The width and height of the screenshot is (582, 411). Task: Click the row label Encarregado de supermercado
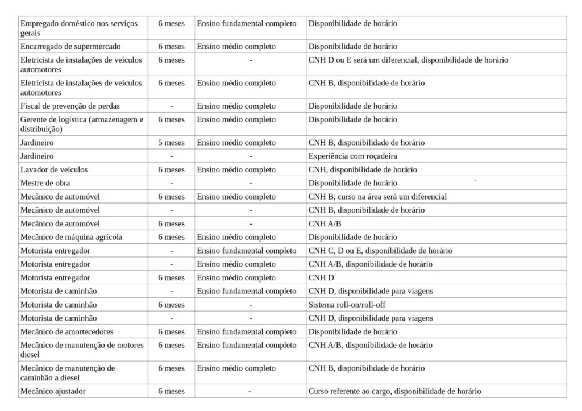point(70,47)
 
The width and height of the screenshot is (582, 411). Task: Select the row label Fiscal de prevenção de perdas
point(70,106)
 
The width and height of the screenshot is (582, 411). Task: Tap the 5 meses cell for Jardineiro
point(171,143)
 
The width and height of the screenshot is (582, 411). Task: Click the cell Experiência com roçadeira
point(352,156)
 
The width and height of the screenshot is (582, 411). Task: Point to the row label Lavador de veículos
point(54,170)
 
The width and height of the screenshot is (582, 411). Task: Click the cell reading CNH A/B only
point(325,224)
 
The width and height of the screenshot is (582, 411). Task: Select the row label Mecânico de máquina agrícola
point(71,238)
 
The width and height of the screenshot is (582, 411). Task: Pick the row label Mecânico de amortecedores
point(66,332)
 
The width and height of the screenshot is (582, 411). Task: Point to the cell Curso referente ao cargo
point(394,392)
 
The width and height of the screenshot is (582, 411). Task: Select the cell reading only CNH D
point(321,278)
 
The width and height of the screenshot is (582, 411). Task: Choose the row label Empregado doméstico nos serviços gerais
point(78,28)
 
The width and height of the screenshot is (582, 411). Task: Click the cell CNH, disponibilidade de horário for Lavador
point(363,170)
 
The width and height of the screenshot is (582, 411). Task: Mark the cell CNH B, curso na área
point(377,197)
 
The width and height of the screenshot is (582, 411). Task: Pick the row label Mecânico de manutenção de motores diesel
point(82,350)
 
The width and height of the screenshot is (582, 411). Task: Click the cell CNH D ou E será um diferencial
point(408,60)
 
